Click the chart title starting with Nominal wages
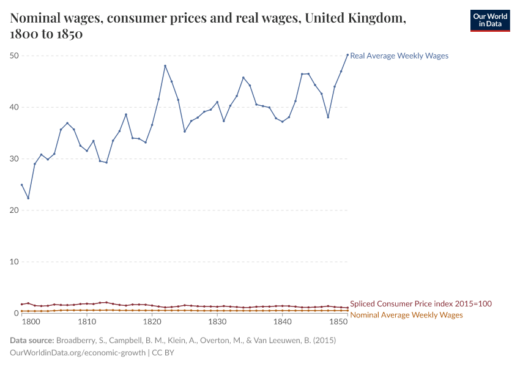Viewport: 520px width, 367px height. tap(208, 26)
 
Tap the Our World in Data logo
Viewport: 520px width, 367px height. tap(489, 20)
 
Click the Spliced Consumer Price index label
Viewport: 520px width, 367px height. tap(420, 303)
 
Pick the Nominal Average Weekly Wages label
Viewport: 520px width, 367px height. tap(406, 314)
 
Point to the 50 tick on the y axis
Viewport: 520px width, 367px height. tap(15, 56)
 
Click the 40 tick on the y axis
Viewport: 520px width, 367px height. tap(15, 107)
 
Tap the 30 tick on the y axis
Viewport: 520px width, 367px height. tap(15, 158)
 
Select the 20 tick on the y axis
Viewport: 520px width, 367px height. tap(15, 210)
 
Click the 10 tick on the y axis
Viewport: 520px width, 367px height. tap(15, 261)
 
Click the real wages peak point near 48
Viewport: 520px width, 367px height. tap(165, 66)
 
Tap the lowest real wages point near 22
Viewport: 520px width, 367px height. tap(28, 198)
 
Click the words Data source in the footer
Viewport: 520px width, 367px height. tap(32, 340)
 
